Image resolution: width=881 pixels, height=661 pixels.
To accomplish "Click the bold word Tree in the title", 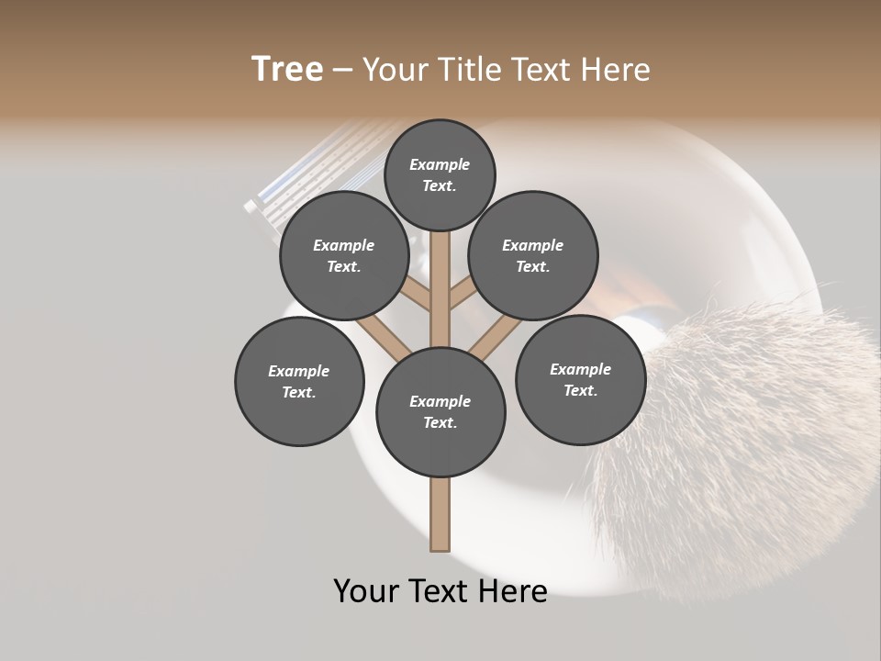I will tap(287, 69).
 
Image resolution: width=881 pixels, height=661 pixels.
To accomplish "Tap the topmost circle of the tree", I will tap(440, 174).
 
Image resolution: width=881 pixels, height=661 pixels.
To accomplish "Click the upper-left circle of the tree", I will tap(344, 256).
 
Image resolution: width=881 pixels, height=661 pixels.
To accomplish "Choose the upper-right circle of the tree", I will tap(533, 256).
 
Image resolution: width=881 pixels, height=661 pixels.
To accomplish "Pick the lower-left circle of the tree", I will tap(299, 382).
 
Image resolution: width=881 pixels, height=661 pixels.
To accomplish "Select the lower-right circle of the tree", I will tap(580, 379).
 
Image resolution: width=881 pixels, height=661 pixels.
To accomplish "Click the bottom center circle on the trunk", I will tap(440, 412).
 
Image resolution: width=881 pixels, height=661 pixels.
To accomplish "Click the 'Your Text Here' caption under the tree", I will tap(440, 591).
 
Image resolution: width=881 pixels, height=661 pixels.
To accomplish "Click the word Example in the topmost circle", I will tap(440, 164).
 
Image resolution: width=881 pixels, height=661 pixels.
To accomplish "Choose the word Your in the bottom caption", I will tap(368, 591).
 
